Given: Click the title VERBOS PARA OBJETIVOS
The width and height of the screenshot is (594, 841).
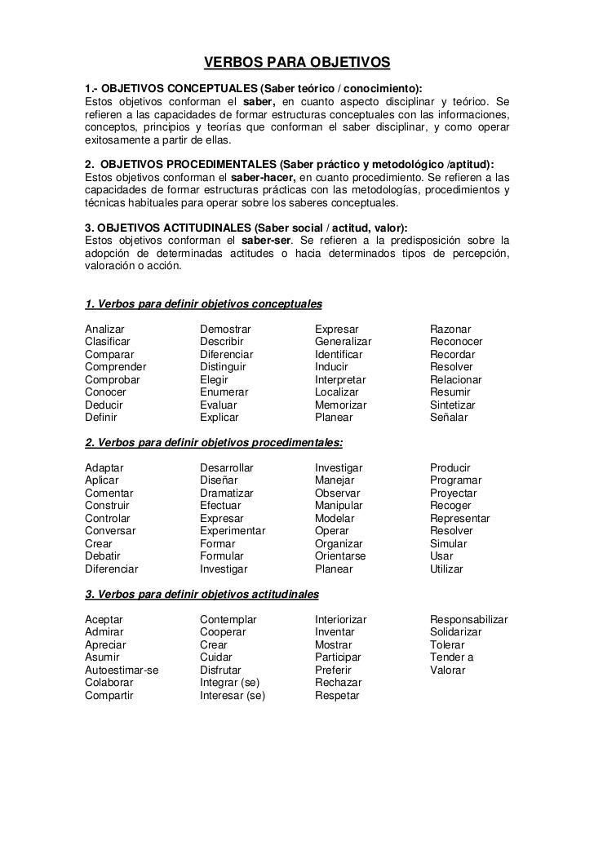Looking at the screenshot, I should (297, 63).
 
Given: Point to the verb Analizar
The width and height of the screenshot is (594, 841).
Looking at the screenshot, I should (104, 330).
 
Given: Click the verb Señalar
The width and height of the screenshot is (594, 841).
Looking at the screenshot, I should (449, 418).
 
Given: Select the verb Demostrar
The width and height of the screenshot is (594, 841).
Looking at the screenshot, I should (225, 330).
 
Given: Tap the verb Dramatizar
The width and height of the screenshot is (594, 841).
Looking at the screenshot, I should (227, 494).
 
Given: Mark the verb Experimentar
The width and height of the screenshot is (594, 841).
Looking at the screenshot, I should (233, 531).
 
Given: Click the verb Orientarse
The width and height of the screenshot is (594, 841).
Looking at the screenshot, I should (340, 556).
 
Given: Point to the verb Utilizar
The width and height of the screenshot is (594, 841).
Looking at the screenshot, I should (446, 569).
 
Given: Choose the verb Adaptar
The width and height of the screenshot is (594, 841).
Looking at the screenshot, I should (104, 468).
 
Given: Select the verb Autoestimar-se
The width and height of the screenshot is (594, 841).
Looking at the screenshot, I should (122, 671).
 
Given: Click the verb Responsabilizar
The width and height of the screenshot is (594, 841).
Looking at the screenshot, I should (469, 620).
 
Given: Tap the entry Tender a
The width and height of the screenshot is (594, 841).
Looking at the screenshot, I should (452, 657).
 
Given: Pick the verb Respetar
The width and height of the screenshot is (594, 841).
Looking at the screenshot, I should (337, 696).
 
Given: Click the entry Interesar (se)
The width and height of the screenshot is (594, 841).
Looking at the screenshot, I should (233, 696).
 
